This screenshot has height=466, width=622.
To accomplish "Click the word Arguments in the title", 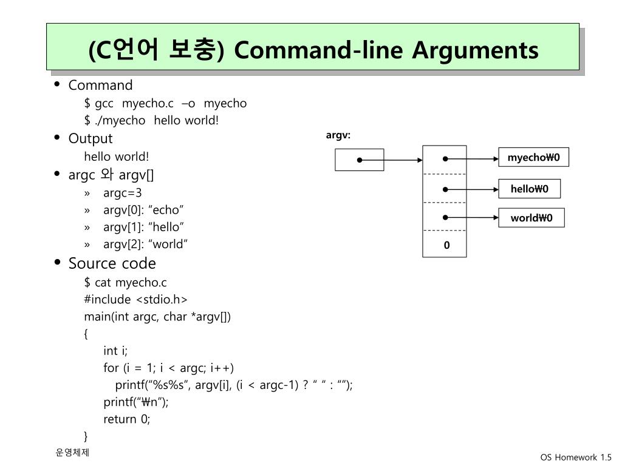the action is click(475, 51).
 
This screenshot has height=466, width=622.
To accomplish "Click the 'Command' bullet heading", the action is click(100, 85).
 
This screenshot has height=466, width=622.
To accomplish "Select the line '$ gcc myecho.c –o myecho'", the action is click(165, 103).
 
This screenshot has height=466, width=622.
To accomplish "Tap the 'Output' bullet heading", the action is click(91, 139).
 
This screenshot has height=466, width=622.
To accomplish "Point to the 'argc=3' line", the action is click(122, 193).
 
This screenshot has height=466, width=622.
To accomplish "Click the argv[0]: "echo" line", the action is click(143, 210).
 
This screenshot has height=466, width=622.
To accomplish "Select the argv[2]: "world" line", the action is click(145, 244).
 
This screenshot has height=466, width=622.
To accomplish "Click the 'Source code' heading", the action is click(112, 263).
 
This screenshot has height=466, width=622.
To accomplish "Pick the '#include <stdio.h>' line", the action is click(135, 300).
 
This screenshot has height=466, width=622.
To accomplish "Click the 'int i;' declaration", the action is click(115, 351).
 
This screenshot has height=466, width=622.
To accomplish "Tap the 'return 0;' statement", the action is click(126, 419).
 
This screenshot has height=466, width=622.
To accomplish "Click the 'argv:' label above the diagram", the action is click(338, 135).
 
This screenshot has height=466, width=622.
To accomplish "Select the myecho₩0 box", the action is click(533, 157).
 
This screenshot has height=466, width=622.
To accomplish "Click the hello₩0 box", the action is click(530, 189).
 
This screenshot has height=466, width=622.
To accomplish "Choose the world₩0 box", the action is click(531, 218).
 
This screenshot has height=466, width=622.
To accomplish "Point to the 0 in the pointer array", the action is click(446, 245).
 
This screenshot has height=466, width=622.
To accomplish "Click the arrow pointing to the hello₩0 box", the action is click(471, 189).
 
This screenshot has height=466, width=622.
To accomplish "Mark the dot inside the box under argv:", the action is click(360, 160).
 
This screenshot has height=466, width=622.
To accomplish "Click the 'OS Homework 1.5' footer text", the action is click(576, 458).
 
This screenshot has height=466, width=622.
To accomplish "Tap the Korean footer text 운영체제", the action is click(72, 452).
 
